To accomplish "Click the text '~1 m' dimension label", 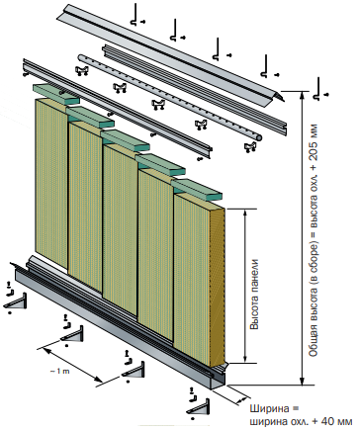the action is [60, 372].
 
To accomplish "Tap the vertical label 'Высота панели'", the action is [254, 295].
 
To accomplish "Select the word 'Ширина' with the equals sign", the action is [274, 409].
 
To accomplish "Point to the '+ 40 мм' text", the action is [332, 421].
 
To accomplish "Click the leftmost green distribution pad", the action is [56, 94].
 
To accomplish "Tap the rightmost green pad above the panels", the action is [197, 190].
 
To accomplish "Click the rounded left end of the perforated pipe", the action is [81, 57].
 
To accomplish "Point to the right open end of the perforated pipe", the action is [259, 137].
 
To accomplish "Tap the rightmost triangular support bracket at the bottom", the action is [198, 407].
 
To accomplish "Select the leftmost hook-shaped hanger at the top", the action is [135, 15].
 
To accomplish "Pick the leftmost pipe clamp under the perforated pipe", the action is [82, 71].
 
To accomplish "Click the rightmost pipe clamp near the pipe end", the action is [251, 147].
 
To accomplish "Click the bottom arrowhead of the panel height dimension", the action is [244, 359].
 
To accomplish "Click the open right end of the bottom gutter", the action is [219, 382].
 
